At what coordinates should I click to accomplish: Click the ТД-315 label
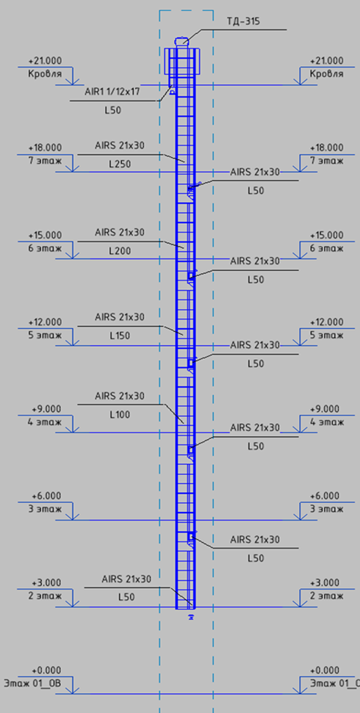coord(243,21)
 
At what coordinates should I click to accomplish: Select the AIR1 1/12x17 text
coord(112,91)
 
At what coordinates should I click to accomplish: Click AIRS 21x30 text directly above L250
coord(120,145)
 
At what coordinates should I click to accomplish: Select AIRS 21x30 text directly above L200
coord(120,232)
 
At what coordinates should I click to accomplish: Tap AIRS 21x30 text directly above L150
coord(120,317)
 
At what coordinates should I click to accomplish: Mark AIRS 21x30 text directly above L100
coord(120,396)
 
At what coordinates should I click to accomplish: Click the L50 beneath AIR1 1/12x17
coord(112,110)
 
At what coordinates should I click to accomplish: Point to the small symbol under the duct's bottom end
coord(191,617)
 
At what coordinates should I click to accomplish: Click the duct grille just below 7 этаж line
coord(192,191)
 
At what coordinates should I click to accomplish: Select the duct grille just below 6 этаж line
coord(192,278)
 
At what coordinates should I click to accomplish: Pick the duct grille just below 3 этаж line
coord(192,538)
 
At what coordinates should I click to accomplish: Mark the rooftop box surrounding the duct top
coord(181,61)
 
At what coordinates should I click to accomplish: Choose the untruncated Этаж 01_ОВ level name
coord(32,684)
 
